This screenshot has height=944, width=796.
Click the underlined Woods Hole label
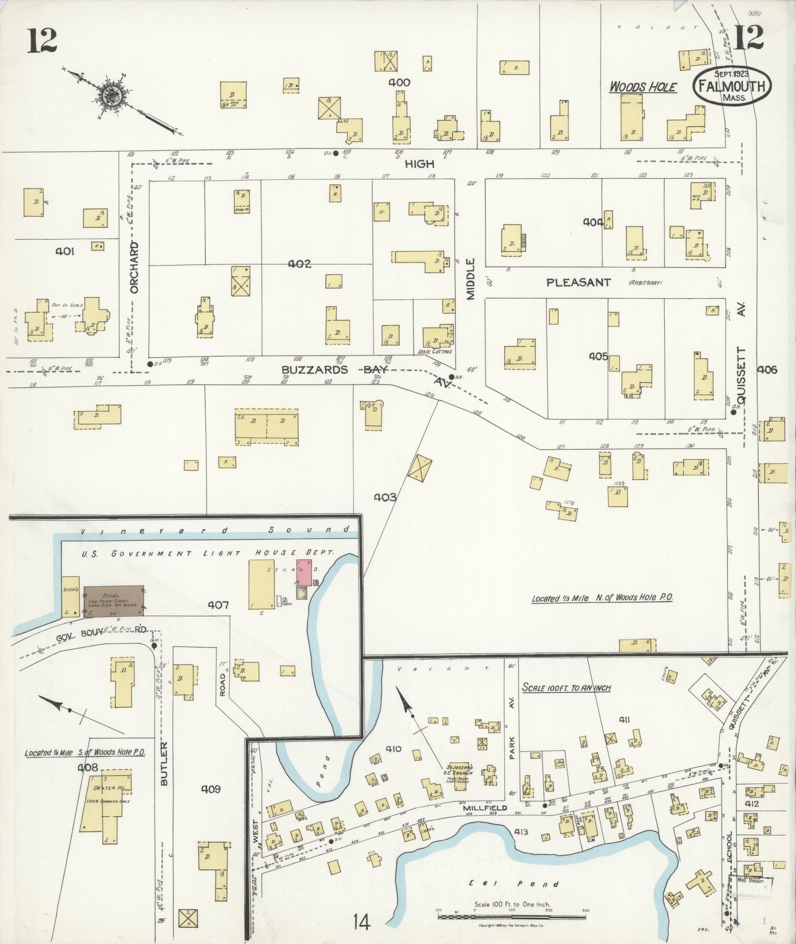tap(643, 87)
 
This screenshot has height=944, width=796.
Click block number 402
tap(300, 264)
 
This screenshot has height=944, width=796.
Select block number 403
tap(384, 497)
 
